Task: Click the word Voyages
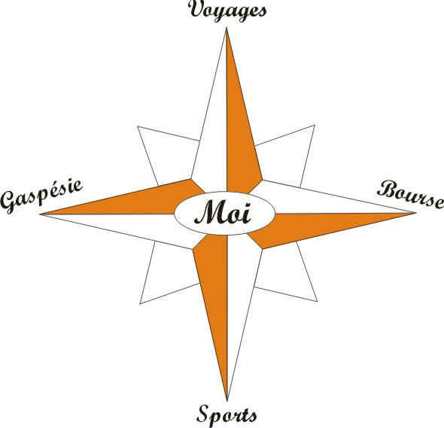tap(227, 11)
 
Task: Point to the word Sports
tap(227, 416)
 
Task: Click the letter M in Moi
tap(209, 212)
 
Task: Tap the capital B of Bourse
tap(387, 189)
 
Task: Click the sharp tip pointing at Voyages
tap(227, 28)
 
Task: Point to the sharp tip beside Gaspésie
tap(41, 214)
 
